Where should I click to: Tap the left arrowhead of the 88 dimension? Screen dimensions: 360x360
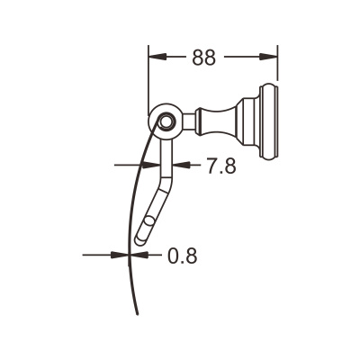pyautogui.click(x=156, y=57)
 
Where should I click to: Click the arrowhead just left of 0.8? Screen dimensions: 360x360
pyautogui.click(x=141, y=255)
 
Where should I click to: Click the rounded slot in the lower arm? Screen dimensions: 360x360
pyautogui.click(x=147, y=226)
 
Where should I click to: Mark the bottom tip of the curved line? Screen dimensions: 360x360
pyautogui.click(x=137, y=314)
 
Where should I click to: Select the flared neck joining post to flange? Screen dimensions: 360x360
pyautogui.click(x=243, y=120)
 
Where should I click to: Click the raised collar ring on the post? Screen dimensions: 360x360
pyautogui.click(x=200, y=120)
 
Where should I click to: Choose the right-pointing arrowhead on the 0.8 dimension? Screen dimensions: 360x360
pyautogui.click(x=122, y=255)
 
